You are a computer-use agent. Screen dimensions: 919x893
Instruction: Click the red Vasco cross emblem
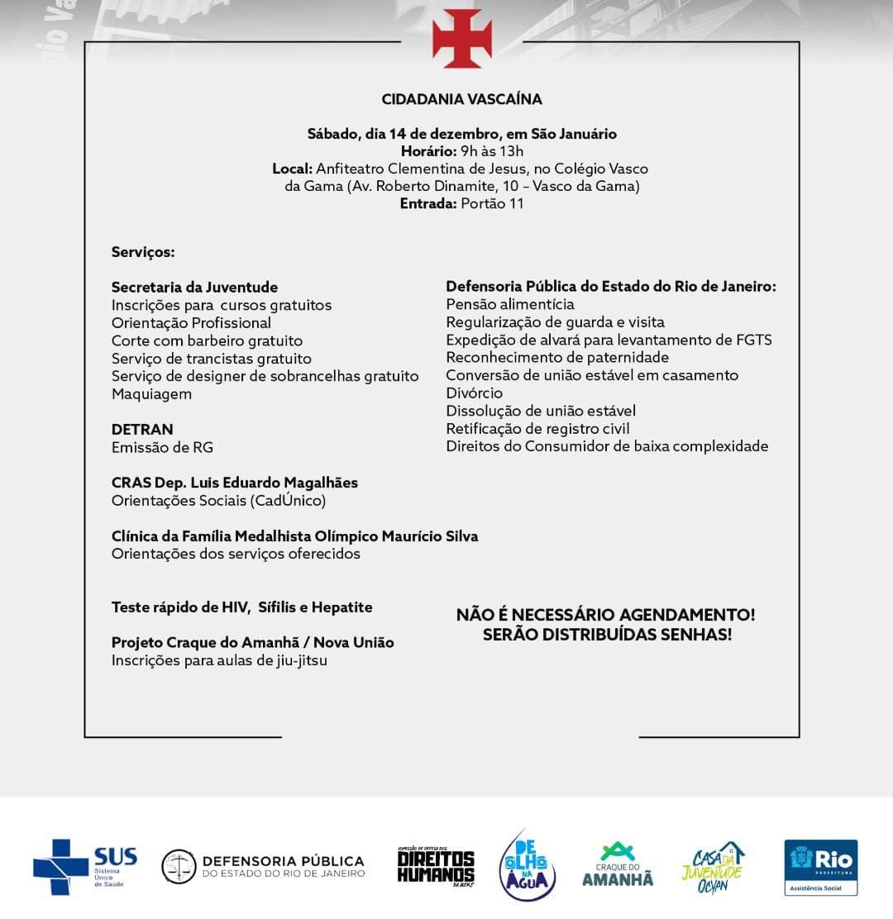462,39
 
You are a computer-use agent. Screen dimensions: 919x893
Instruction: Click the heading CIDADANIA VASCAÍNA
461,99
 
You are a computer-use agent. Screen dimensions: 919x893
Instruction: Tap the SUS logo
85,866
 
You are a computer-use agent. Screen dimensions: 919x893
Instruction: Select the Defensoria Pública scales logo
178,866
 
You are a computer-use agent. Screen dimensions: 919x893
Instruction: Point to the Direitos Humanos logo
436,866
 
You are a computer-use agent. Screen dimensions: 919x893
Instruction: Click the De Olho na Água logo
528,864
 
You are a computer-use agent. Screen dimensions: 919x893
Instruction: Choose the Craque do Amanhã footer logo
617,865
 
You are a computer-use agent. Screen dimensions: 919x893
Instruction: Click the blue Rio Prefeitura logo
820,866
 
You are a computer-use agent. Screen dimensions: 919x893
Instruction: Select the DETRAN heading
142,430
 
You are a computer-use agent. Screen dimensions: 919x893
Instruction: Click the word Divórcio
475,393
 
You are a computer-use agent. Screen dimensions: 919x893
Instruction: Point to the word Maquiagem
151,394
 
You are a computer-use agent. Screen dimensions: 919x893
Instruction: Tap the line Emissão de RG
162,447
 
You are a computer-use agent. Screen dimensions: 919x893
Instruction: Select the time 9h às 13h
492,151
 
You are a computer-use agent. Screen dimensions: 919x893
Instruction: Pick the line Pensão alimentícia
510,304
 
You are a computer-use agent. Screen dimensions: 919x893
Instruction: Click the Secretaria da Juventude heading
194,288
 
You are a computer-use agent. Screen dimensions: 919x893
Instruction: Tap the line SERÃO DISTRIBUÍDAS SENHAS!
607,635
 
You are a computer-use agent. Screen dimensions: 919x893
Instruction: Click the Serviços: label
143,252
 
